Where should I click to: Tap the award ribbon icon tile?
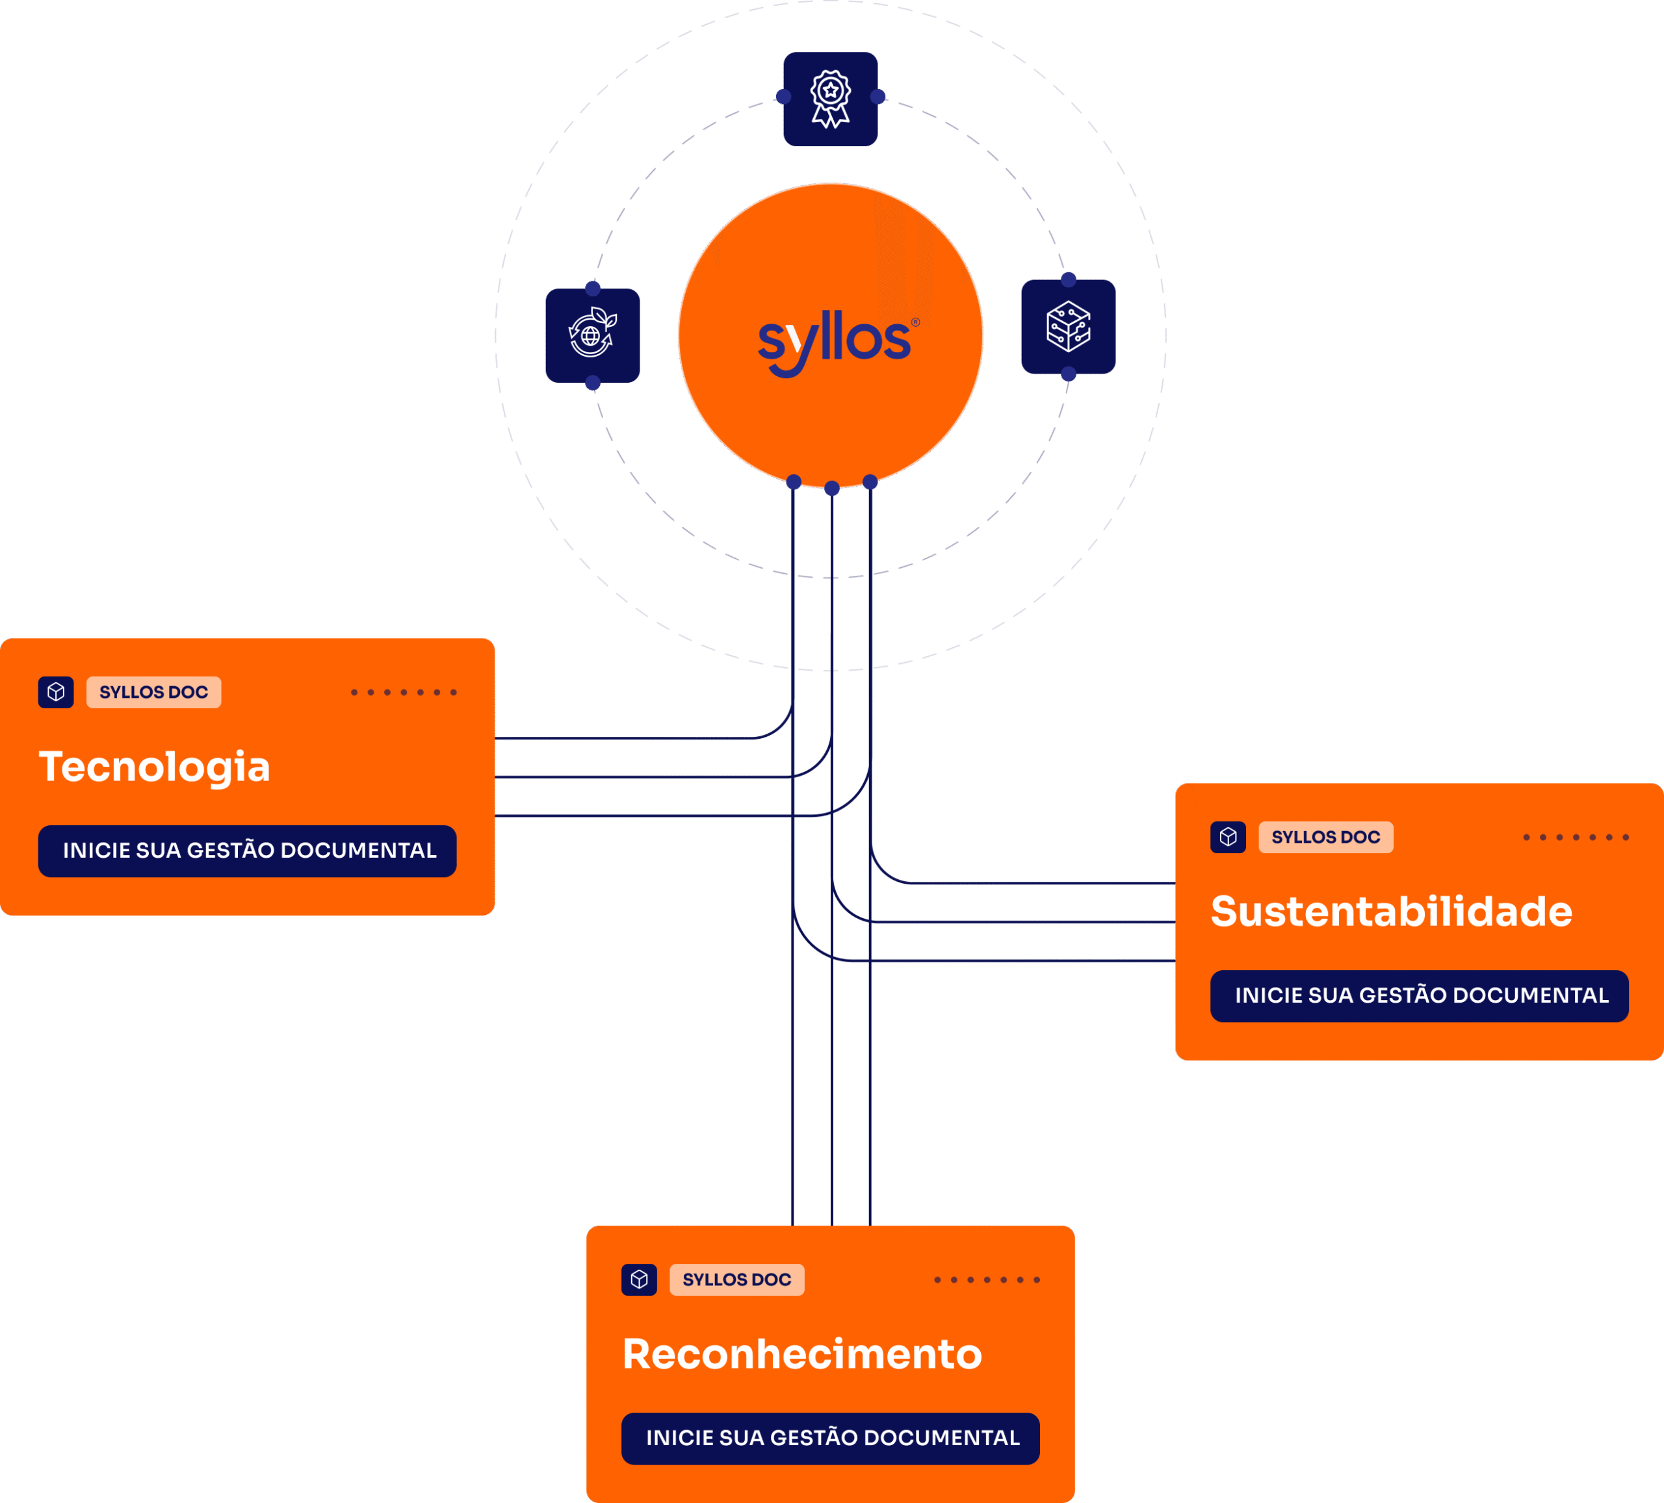click(x=830, y=99)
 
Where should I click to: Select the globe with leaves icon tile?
click(x=593, y=335)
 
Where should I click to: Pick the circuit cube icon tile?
click(x=1068, y=327)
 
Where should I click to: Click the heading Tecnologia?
click(x=154, y=767)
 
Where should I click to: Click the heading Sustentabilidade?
click(x=1391, y=911)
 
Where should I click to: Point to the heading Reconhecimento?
click(x=801, y=1354)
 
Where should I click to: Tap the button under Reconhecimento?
click(x=830, y=1438)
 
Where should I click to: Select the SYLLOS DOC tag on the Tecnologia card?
click(x=153, y=691)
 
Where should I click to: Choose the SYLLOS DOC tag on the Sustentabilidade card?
click(x=1325, y=837)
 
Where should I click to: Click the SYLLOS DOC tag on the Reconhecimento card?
click(x=736, y=1279)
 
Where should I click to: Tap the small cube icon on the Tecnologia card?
click(x=56, y=691)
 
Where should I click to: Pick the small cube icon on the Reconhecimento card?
click(x=639, y=1279)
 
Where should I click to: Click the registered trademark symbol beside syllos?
click(x=915, y=322)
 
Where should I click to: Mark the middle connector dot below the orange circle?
click(x=832, y=489)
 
